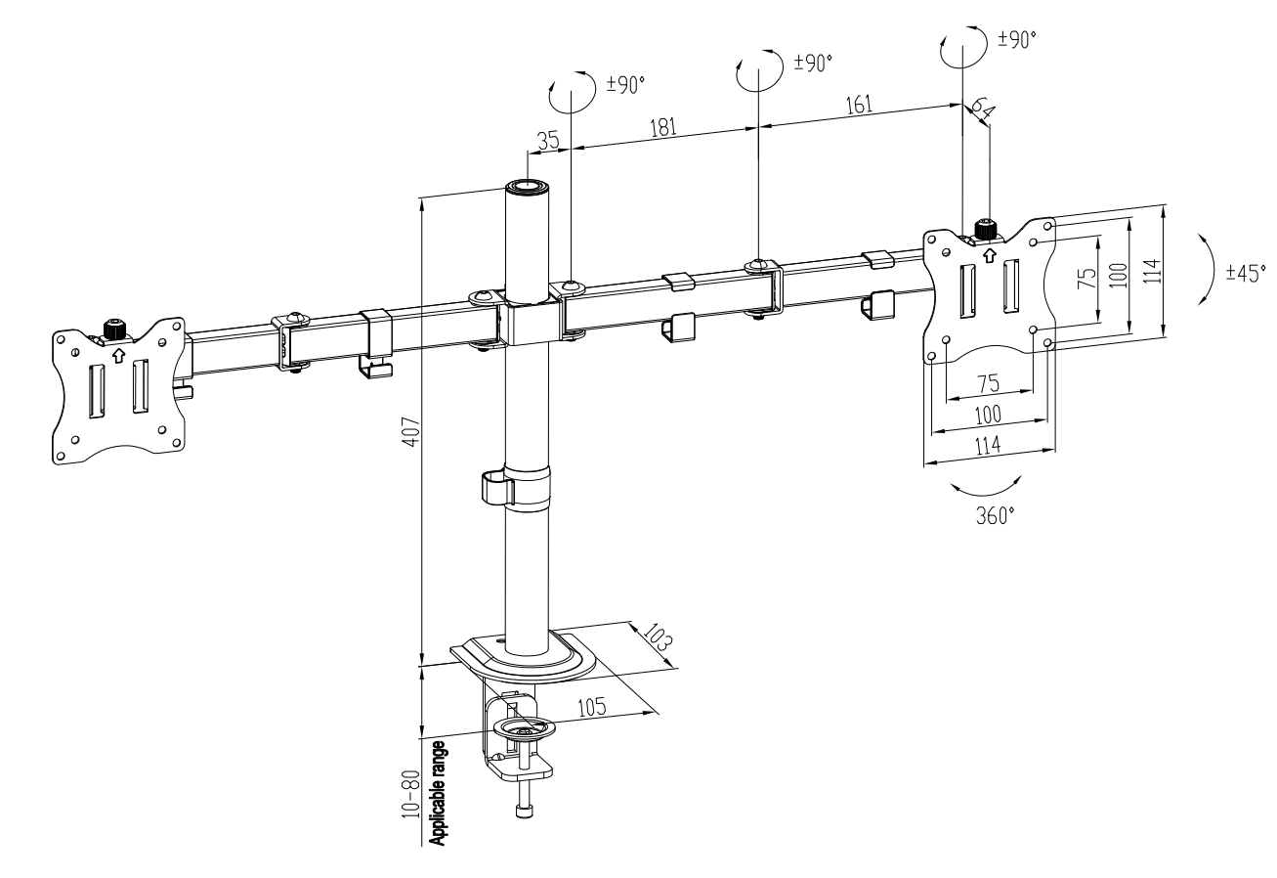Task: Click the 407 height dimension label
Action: pyautogui.click(x=411, y=432)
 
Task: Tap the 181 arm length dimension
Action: pyautogui.click(x=663, y=127)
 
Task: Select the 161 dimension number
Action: pyautogui.click(x=859, y=105)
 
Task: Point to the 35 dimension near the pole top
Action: pyautogui.click(x=548, y=140)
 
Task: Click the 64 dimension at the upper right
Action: pyautogui.click(x=982, y=109)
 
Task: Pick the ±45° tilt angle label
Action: pyautogui.click(x=1246, y=273)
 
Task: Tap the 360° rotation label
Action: pyautogui.click(x=996, y=515)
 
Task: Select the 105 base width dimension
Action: pyautogui.click(x=592, y=707)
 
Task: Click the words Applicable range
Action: pyautogui.click(x=438, y=793)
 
